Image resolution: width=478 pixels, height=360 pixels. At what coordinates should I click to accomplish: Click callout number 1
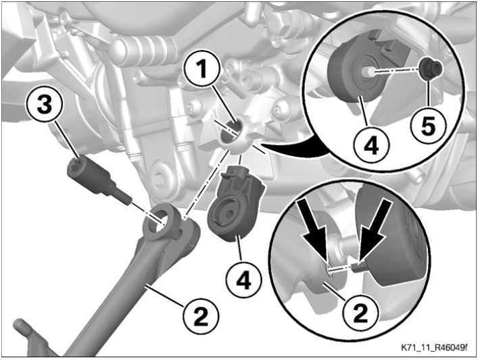[202, 68]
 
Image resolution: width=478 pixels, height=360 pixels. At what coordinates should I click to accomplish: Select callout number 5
[428, 126]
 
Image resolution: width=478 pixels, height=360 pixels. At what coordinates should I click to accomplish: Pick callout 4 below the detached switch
[243, 280]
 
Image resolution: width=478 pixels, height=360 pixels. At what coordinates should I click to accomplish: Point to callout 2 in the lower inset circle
[360, 313]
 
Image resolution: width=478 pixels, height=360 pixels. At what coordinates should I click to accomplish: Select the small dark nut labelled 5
[431, 68]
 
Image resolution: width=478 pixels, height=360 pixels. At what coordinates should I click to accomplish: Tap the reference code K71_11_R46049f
[433, 348]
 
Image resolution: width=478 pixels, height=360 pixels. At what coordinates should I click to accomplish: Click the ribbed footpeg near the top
[143, 51]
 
